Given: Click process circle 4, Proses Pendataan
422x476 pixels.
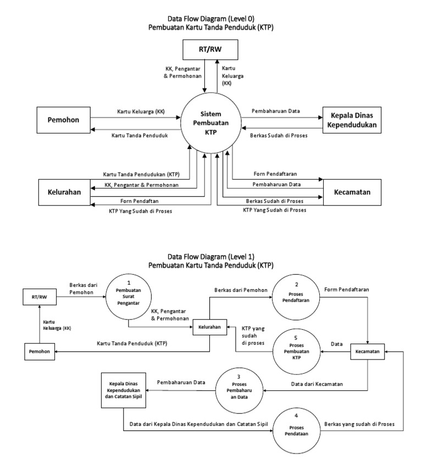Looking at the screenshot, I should click(x=297, y=429).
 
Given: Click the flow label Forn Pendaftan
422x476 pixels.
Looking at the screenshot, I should click(x=135, y=201).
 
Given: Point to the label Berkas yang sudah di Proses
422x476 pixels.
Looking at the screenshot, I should click(x=359, y=424).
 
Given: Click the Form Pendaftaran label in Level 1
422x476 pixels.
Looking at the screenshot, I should click(x=347, y=289).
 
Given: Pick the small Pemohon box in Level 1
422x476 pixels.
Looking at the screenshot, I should click(x=40, y=351).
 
